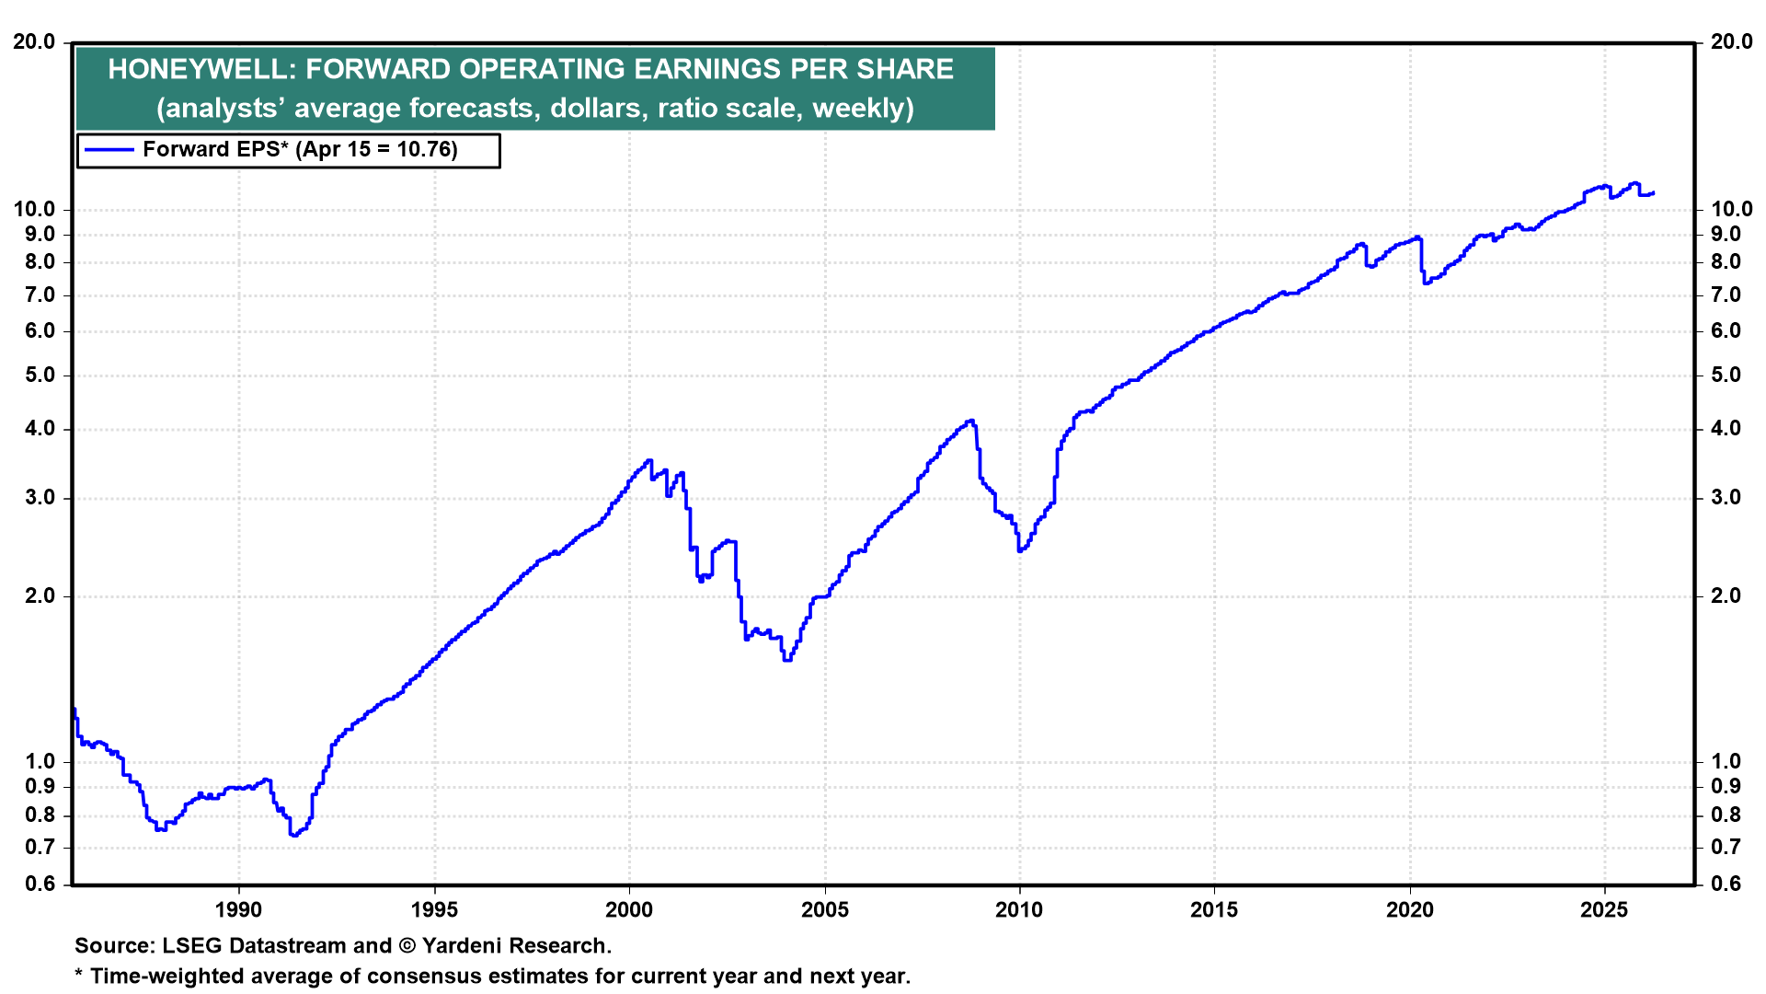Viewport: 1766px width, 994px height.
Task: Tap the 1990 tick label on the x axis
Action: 238,910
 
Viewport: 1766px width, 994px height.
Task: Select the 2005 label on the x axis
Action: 824,910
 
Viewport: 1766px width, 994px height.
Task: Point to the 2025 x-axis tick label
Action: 1604,910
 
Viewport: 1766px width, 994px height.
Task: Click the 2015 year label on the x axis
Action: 1214,910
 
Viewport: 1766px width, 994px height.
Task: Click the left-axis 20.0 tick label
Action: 34,42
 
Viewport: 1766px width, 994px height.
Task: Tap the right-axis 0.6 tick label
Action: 1726,884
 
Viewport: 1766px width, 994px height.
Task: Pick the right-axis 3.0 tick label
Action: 1726,498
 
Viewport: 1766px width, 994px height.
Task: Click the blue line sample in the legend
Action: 109,150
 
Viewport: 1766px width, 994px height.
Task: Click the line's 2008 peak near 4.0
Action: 969,422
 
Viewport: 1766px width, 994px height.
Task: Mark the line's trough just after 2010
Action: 1020,550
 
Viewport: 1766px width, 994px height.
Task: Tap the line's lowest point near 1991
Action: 293,835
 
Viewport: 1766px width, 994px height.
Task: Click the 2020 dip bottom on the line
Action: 1426,283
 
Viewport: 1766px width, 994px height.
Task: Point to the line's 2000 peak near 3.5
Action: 648,460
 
